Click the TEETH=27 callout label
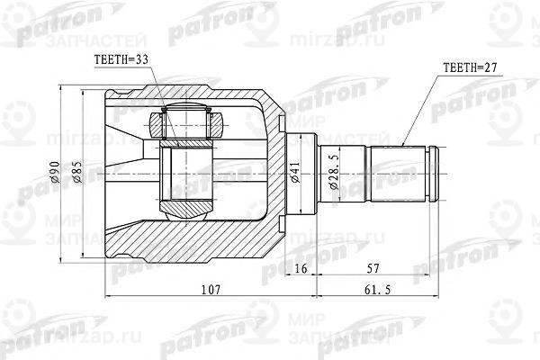[471, 67]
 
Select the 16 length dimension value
[301, 268]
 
